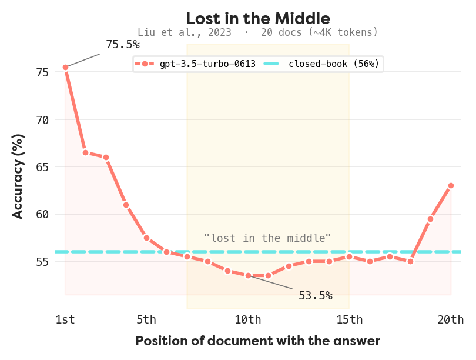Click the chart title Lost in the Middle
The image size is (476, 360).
coord(258,18)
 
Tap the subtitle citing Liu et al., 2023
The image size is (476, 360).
coord(257,32)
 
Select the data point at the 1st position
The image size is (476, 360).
coord(65,68)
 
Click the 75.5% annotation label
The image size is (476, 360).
coord(123,45)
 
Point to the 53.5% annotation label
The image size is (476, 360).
coord(316,295)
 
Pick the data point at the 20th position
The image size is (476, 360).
coord(451,186)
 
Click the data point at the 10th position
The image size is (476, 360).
coord(248,275)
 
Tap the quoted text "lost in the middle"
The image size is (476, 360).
coord(267,238)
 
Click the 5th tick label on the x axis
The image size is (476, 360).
coord(146,320)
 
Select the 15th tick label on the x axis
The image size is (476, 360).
coord(350,320)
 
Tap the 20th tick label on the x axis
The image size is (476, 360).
coord(451,320)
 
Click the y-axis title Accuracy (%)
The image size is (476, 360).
coord(18,176)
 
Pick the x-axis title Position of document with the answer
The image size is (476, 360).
coord(258,341)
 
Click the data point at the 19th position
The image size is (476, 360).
coord(431,219)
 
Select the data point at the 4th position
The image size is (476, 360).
coord(126,205)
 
